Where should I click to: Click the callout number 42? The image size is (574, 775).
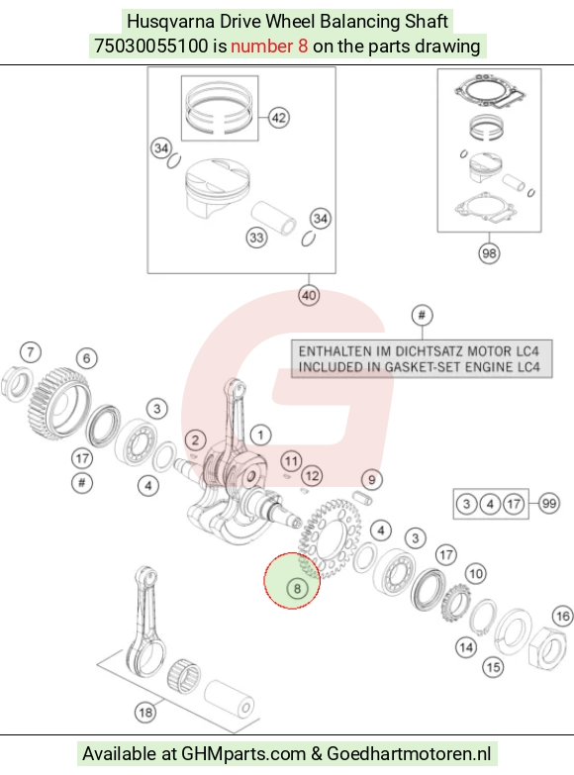[279, 118]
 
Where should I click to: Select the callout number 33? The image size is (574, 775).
[256, 238]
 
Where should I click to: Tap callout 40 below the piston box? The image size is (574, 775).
[309, 296]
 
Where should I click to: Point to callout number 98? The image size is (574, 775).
[489, 253]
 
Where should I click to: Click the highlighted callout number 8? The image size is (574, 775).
[297, 589]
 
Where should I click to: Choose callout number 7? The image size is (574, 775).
[31, 352]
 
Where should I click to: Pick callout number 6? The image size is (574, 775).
[87, 358]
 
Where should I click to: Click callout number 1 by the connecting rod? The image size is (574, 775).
[260, 436]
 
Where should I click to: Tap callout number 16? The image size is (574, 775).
[563, 617]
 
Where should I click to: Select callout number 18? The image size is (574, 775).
[145, 713]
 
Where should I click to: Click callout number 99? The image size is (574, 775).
[549, 504]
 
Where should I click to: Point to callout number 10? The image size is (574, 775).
[476, 574]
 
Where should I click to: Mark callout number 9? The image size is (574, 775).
[372, 479]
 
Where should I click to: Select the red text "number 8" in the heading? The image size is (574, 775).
[269, 46]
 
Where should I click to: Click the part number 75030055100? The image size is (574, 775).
[151, 46]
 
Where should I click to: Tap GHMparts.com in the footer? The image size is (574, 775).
[243, 754]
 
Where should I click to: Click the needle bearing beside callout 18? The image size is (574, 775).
[184, 676]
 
